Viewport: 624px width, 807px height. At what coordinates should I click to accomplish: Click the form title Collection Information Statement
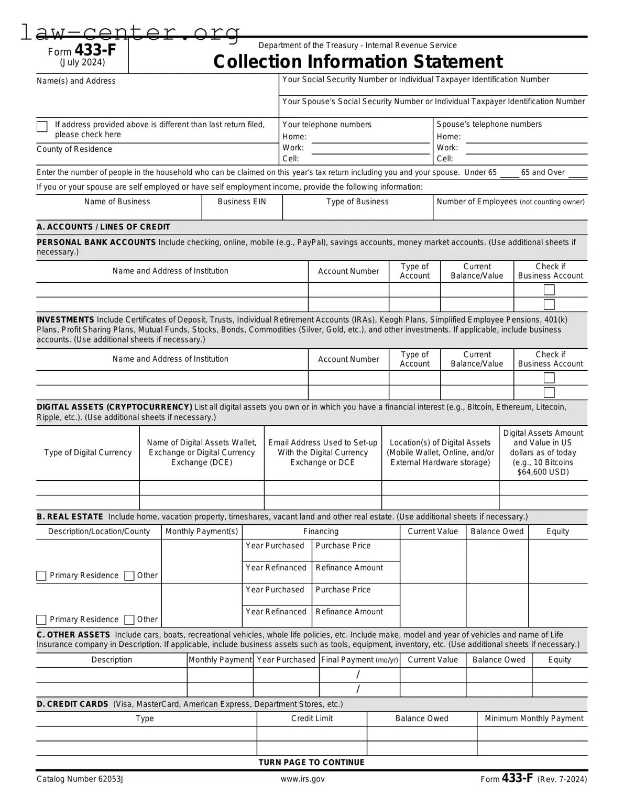(x=357, y=62)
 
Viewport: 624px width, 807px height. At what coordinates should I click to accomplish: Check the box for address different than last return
(x=42, y=127)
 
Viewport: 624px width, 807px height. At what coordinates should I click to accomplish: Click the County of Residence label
(x=74, y=149)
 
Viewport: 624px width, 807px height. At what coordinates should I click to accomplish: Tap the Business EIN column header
(x=242, y=202)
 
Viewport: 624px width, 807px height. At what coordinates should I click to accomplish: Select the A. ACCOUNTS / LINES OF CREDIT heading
(x=103, y=227)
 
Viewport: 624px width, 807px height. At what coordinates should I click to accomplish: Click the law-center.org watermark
(x=130, y=32)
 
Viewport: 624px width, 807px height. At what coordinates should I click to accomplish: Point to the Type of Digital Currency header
(x=87, y=452)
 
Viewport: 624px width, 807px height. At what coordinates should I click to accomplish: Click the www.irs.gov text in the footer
(x=302, y=779)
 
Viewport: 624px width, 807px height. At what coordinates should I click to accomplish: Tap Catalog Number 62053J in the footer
(x=80, y=779)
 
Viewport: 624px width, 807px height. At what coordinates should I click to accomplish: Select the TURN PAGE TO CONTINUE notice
(x=311, y=762)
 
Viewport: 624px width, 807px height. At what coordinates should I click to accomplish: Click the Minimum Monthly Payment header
(x=533, y=718)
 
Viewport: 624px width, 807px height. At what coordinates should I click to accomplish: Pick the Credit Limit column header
(x=312, y=718)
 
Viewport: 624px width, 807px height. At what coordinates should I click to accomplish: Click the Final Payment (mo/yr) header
(x=359, y=660)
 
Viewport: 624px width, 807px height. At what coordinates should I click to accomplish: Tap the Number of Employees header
(x=510, y=202)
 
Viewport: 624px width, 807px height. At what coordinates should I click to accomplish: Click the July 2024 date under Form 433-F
(x=82, y=62)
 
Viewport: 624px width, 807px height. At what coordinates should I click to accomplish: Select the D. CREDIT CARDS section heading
(x=72, y=704)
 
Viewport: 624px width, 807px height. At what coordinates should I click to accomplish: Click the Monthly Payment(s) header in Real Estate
(x=202, y=531)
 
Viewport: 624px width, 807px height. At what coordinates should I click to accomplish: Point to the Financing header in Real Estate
(x=321, y=531)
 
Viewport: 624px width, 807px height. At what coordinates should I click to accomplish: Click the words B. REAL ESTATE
(x=70, y=516)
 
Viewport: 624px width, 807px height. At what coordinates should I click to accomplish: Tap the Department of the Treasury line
(x=357, y=46)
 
